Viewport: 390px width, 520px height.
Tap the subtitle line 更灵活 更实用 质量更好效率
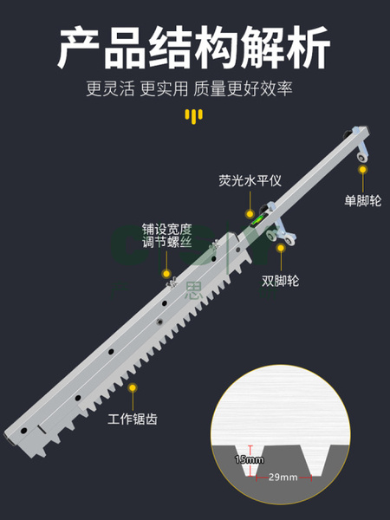189,89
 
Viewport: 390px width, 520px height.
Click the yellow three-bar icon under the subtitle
194,116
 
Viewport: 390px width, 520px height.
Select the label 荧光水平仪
250,181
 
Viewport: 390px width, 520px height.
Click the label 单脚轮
363,201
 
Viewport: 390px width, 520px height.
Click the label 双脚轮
281,281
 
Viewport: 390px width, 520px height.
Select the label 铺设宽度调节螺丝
167,236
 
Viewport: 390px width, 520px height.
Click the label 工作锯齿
133,419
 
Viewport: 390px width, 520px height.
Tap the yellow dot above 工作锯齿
133,387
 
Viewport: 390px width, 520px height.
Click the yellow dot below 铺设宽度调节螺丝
166,274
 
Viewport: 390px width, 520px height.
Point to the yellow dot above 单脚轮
363,170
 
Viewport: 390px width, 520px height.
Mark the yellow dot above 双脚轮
281,248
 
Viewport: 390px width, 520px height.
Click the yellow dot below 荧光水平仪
250,214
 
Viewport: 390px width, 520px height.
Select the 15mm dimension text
250,459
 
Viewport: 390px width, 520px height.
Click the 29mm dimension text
283,478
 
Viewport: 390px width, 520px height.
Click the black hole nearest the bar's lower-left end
24,431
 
